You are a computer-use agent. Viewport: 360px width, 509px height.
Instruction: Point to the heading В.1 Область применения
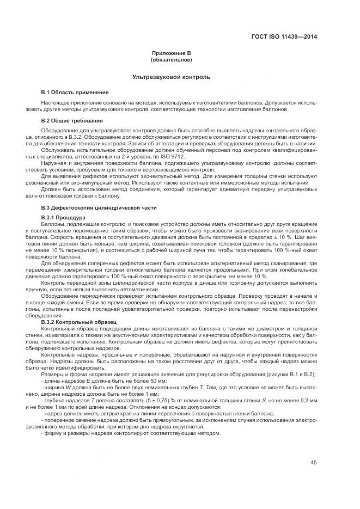(75, 92)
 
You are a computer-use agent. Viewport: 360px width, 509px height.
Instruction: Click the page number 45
(314, 463)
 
